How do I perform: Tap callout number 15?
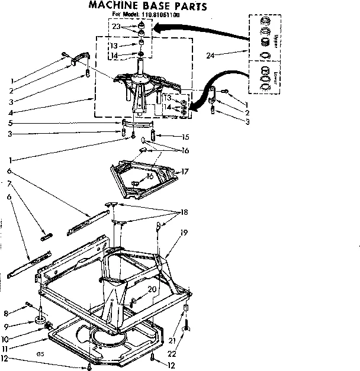point(169,137)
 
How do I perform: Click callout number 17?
point(185,172)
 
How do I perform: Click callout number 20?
point(152,289)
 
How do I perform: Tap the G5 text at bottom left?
point(40,354)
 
